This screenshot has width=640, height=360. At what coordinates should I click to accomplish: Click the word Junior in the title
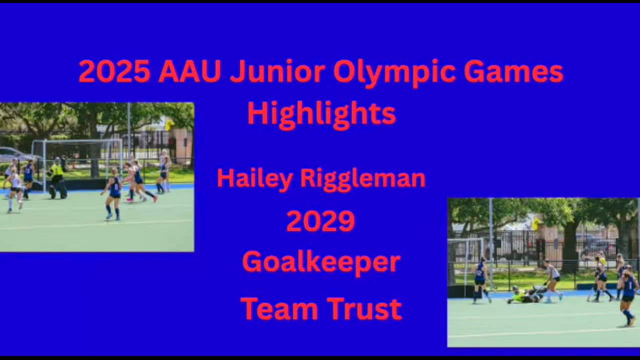pyautogui.click(x=277, y=71)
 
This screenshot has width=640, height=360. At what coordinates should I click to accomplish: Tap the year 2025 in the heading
pyautogui.click(x=114, y=71)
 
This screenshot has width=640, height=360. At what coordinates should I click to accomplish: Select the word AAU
pyautogui.click(x=190, y=71)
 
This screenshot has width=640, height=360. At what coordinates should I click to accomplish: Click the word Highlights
pyautogui.click(x=321, y=115)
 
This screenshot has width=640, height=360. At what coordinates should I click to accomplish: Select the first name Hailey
pyautogui.click(x=254, y=179)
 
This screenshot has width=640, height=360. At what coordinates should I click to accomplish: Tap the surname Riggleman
pyautogui.click(x=363, y=179)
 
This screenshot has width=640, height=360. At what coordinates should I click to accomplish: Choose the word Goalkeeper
pyautogui.click(x=321, y=264)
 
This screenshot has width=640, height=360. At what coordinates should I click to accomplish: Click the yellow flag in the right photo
pyautogui.click(x=537, y=224)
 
